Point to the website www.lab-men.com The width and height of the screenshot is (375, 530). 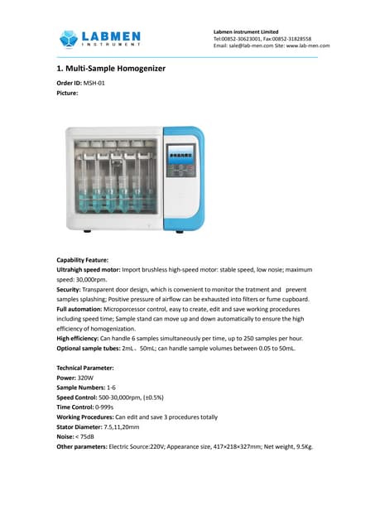pos(309,46)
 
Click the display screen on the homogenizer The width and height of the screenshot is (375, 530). pos(180,152)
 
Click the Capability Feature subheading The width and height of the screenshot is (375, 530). pos(82,260)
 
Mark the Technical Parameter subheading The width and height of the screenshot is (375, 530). pos(85,367)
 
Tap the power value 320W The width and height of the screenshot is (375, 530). pos(88,377)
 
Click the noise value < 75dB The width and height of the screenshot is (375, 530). pos(85,436)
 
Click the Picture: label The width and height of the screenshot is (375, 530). pos(67,93)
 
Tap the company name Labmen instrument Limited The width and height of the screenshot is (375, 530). pos(247,31)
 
